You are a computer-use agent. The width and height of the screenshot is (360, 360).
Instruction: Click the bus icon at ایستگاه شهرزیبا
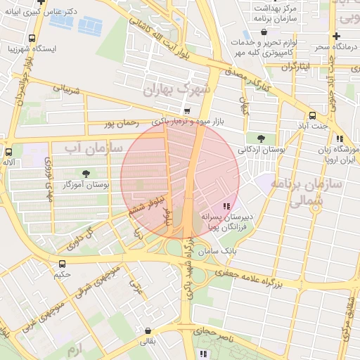32,39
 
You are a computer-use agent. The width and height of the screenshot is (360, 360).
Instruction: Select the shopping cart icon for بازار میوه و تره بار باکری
186,110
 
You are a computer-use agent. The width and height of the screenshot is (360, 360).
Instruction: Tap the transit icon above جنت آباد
313,115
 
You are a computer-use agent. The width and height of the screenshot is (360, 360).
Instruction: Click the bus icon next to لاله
9,151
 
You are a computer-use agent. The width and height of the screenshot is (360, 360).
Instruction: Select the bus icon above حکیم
63,264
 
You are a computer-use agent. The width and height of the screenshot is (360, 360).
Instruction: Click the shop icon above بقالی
148,330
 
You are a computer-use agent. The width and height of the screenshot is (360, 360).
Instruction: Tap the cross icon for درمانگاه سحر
337,36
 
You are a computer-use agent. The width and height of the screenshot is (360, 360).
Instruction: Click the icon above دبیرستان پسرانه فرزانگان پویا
226,206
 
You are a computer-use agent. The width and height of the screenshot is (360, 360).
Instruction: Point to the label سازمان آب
94,148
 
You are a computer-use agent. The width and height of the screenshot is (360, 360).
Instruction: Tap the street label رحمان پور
119,124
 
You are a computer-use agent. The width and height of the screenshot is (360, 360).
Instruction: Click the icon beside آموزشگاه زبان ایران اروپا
340,139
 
